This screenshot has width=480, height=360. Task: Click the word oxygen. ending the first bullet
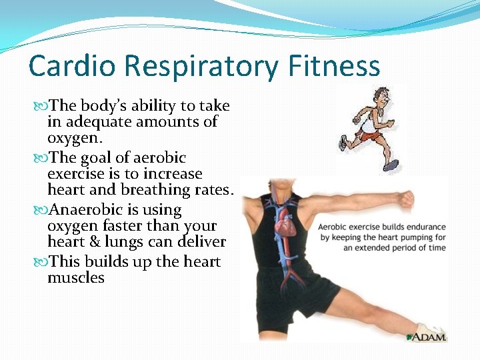75,139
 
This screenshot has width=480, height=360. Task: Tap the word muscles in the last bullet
76,277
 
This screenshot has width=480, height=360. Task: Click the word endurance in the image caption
421,227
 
